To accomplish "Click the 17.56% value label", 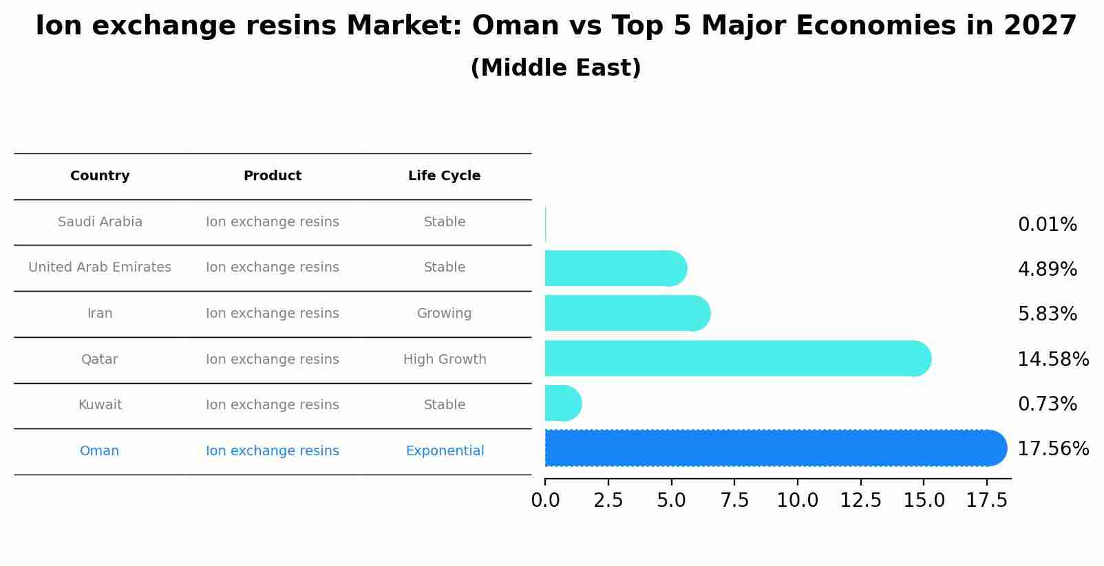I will tap(1052, 449).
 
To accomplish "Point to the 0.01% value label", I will tap(1047, 225).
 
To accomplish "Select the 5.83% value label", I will tap(1047, 314).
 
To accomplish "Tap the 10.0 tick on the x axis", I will tap(797, 501).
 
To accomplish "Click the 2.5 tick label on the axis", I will tap(608, 501).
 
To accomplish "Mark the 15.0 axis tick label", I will tap(924, 501).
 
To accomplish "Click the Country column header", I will tap(100, 176).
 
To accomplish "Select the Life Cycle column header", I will tap(444, 176).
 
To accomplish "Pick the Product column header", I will tap(272, 176).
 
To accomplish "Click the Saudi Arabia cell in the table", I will tap(100, 222).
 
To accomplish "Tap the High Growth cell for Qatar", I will tap(444, 360).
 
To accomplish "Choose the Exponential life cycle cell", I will tap(444, 451).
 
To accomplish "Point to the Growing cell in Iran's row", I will tap(444, 314).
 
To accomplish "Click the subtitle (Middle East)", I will tap(555, 68).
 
